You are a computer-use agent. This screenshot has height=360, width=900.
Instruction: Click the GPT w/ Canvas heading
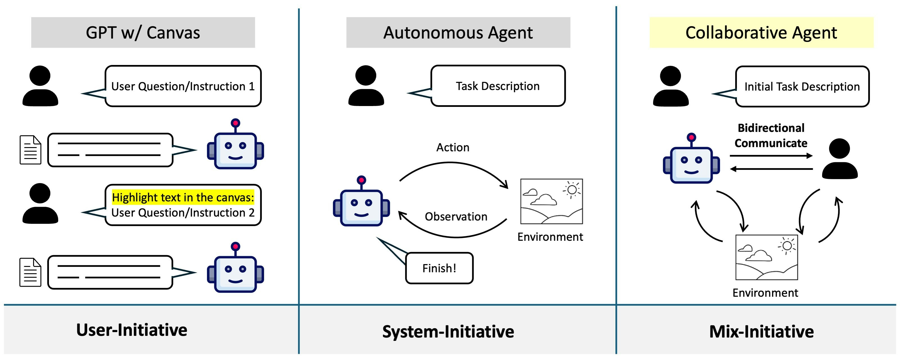pyautogui.click(x=143, y=33)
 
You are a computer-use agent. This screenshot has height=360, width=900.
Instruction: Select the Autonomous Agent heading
pyautogui.click(x=458, y=33)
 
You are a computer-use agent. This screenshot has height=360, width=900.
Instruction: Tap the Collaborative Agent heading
pyautogui.click(x=761, y=33)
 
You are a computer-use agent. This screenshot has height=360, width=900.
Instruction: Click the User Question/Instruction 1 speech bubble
pyautogui.click(x=183, y=86)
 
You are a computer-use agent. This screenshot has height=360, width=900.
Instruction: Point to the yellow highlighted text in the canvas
pyautogui.click(x=183, y=197)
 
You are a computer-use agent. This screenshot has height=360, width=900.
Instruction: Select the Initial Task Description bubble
pyautogui.click(x=802, y=86)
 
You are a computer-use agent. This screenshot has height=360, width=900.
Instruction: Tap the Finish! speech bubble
pyautogui.click(x=439, y=268)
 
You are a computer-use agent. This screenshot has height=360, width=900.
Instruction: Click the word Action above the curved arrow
pyautogui.click(x=453, y=147)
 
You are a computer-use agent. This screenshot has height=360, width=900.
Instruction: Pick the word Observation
pyautogui.click(x=456, y=216)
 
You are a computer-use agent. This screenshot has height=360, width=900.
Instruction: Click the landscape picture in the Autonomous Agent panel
pyautogui.click(x=551, y=201)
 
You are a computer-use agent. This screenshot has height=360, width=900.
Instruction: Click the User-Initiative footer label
pyautogui.click(x=132, y=330)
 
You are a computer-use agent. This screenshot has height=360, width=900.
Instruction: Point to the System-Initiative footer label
pyautogui.click(x=448, y=331)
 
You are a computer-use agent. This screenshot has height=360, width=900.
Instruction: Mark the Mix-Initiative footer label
pyautogui.click(x=761, y=331)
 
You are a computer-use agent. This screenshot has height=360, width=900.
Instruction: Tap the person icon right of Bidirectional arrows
pyautogui.click(x=840, y=159)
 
